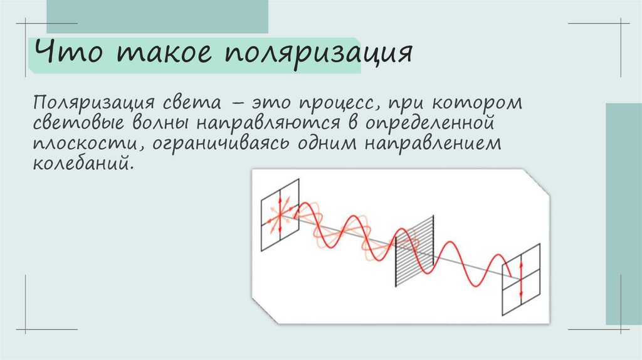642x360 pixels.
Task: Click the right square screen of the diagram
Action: (521, 279)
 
